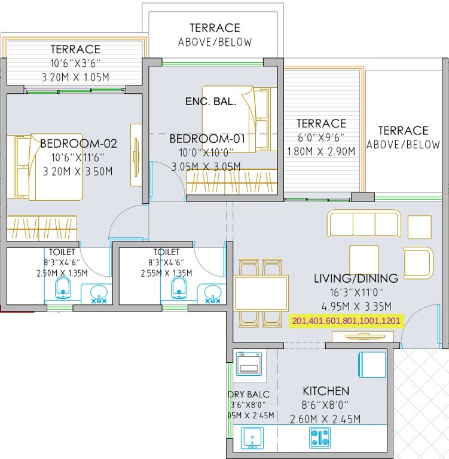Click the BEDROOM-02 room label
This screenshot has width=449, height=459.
(x=78, y=143)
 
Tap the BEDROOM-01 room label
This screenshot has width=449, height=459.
(x=207, y=139)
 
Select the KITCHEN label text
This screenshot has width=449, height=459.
(x=326, y=391)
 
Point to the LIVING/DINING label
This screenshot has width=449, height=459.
(x=356, y=279)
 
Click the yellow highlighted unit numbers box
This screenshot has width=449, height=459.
(x=347, y=321)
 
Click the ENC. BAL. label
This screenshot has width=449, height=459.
(x=210, y=102)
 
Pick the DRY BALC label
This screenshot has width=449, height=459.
(x=248, y=394)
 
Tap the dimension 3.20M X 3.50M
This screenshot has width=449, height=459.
(x=76, y=172)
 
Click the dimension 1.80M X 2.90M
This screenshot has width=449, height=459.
(x=321, y=151)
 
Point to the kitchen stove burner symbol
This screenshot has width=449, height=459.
(x=319, y=437)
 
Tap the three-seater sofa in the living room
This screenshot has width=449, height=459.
(x=364, y=224)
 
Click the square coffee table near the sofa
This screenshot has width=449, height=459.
(x=364, y=259)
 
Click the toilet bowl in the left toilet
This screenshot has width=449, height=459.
(x=64, y=289)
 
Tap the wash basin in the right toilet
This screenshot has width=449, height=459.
(x=212, y=293)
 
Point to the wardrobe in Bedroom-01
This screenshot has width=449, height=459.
(x=232, y=182)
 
